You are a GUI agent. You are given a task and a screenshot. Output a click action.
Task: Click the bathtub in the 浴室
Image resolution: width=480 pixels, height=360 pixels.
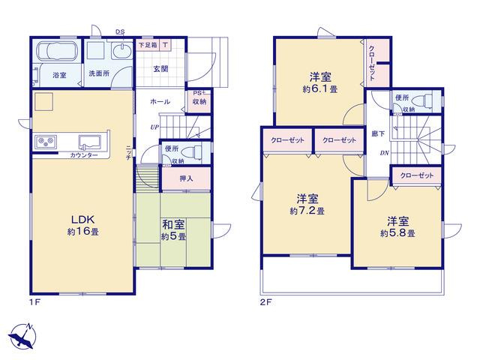57,51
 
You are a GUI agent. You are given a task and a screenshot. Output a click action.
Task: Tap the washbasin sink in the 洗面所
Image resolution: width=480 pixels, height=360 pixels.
121,50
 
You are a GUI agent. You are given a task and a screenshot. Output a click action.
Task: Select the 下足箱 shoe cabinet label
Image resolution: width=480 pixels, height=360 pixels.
148,45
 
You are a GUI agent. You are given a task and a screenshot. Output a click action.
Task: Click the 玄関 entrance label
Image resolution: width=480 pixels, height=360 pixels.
160,69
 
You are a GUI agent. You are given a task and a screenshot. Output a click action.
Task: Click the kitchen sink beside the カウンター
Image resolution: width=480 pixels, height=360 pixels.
90,142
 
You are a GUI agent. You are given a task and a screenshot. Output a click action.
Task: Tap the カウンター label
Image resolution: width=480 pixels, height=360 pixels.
84,155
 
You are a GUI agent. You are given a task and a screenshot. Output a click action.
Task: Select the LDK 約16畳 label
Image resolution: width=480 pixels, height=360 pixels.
83,225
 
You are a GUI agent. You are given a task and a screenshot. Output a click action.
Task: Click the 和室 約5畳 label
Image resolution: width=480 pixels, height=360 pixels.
173,230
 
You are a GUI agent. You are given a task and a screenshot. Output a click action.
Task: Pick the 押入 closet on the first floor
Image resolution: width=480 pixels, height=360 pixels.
186,178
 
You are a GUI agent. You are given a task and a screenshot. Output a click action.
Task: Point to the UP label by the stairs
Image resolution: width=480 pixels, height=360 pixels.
154,127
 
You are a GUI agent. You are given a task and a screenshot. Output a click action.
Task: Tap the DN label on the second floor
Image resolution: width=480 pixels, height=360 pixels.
385,153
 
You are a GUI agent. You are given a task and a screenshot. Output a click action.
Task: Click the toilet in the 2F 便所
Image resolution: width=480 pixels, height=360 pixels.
422,100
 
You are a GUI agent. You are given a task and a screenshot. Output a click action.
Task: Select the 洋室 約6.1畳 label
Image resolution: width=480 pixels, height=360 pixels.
320,82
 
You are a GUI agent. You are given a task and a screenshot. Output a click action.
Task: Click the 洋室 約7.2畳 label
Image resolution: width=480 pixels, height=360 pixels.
307,205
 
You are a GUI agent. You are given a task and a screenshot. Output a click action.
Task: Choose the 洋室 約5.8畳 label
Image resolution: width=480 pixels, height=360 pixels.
397,226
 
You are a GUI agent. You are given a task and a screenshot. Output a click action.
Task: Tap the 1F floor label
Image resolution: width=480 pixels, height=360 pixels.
34,302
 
